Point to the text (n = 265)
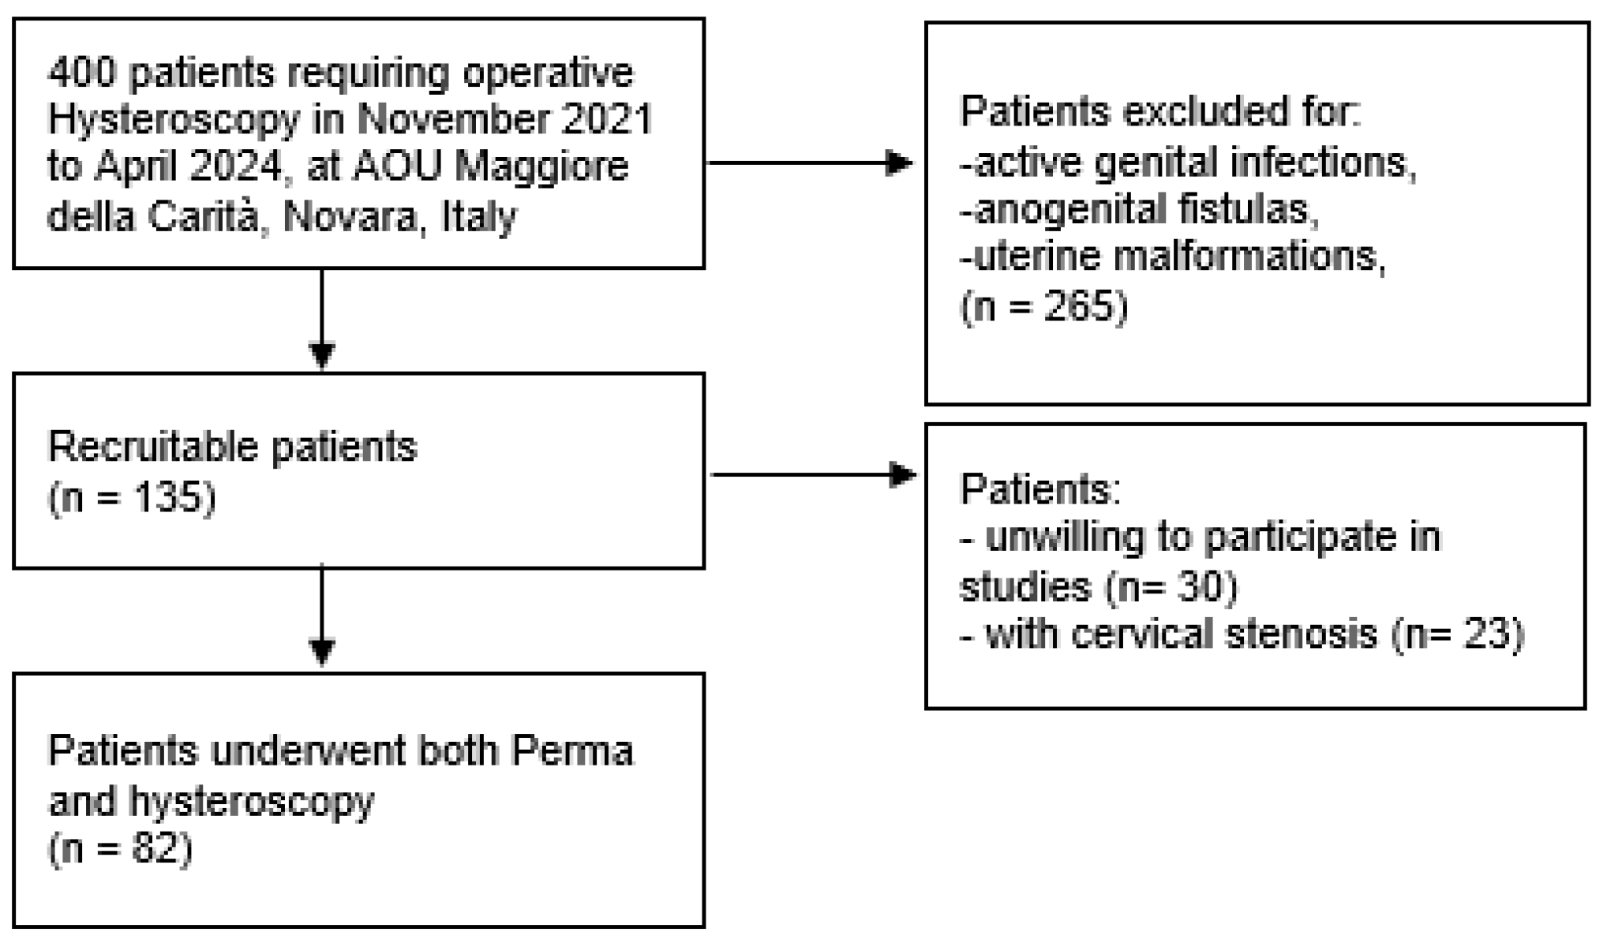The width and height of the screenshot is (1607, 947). [1043, 305]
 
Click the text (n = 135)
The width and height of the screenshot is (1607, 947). [132, 498]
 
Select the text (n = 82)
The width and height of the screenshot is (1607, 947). [121, 850]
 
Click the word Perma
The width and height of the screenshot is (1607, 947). [573, 750]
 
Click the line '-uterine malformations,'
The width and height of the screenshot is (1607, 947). [1172, 257]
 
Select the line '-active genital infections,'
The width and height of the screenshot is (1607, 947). [1188, 163]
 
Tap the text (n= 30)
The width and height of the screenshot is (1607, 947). [1171, 586]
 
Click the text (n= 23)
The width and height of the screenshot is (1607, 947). [1457, 634]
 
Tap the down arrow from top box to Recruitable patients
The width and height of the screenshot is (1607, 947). [322, 320]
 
